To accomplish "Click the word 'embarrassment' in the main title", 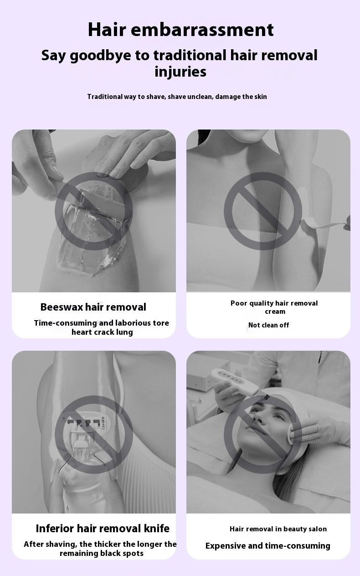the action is click(x=202, y=30).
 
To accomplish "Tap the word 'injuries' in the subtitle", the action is click(x=180, y=72).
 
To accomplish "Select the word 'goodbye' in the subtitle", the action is click(x=100, y=56).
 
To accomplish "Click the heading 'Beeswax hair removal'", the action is click(x=93, y=307).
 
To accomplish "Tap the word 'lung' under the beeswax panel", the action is click(x=124, y=332).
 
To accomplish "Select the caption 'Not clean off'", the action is click(x=268, y=325).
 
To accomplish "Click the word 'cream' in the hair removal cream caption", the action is click(x=275, y=311).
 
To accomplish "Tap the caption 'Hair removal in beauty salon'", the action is click(x=278, y=529).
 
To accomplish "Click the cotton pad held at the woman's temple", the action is click(x=293, y=434).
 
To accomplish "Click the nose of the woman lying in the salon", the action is click(x=258, y=419).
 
